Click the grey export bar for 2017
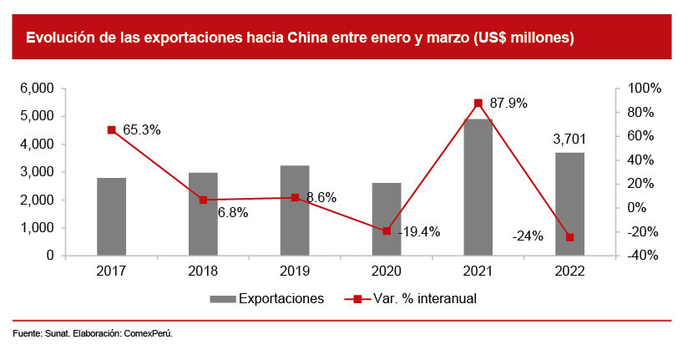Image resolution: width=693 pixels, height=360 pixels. (111, 216)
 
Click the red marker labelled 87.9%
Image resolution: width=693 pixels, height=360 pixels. (478, 103)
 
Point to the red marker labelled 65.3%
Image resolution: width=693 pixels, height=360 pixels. (111, 130)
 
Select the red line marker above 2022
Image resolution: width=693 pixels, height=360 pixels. (570, 237)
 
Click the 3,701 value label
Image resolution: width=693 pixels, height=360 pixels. (569, 138)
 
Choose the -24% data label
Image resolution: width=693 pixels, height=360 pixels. (528, 236)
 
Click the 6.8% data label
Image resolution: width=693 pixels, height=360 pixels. (233, 213)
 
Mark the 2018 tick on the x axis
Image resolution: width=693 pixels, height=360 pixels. (203, 271)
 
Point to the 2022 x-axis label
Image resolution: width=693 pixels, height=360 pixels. (570, 271)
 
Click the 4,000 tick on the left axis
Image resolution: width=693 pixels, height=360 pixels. (38, 144)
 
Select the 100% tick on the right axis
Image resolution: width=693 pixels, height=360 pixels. (644, 89)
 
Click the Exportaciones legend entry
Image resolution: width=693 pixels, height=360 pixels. (266, 298)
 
